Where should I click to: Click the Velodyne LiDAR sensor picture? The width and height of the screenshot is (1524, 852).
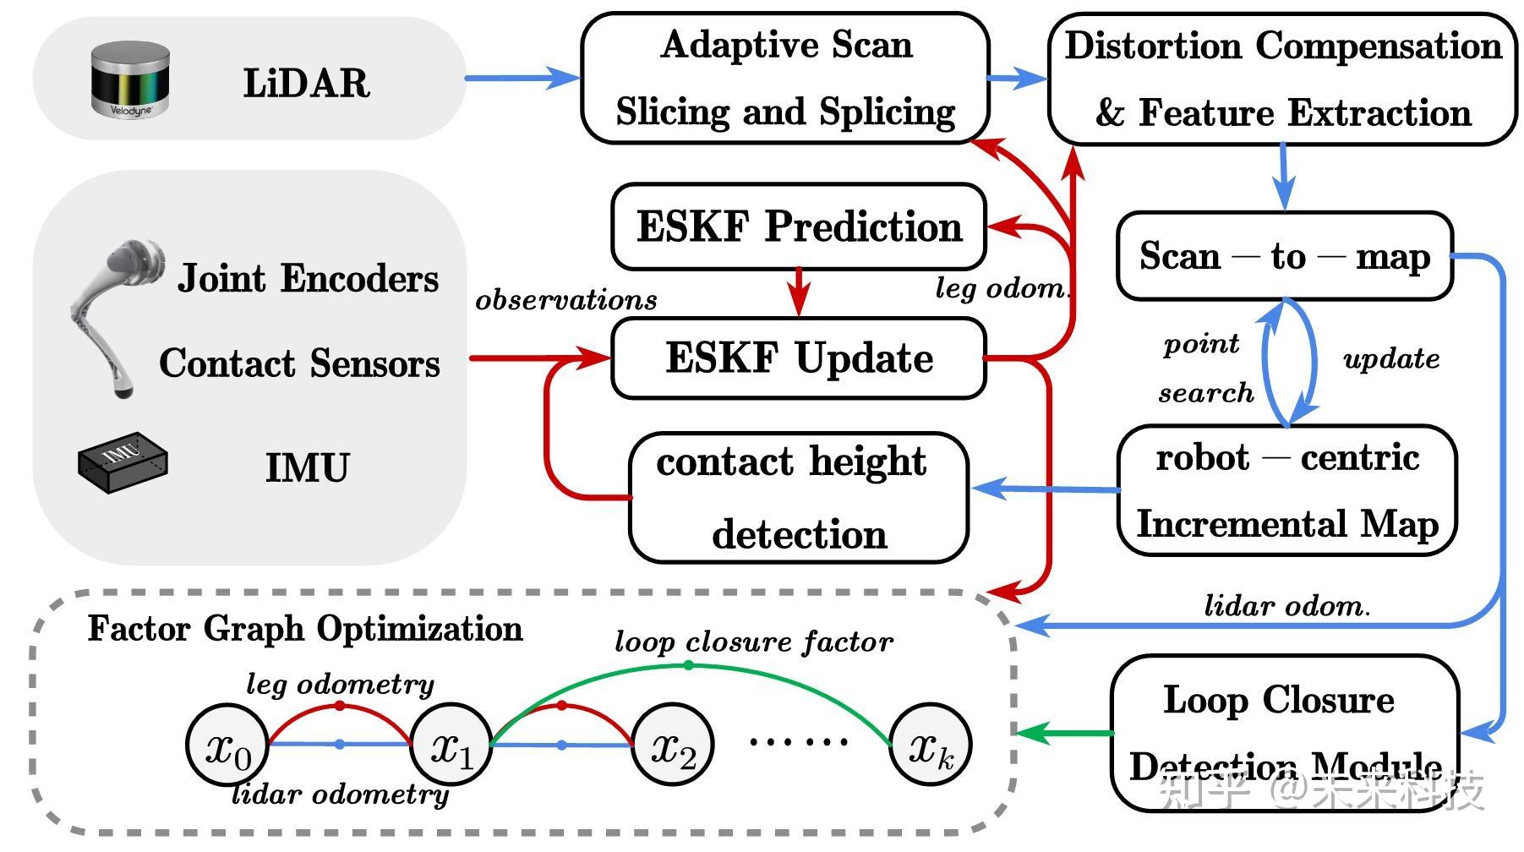point(131,80)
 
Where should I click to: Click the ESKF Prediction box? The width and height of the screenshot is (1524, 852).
point(799,227)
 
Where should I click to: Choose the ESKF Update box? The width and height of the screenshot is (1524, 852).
point(799,358)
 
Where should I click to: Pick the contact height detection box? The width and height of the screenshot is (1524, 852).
point(799,498)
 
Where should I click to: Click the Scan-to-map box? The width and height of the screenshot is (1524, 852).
point(1284,256)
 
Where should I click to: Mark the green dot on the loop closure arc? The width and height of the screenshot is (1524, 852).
point(689,666)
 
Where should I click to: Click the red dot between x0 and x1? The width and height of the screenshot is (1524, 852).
point(340,705)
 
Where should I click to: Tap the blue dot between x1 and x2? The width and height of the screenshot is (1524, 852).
point(562,745)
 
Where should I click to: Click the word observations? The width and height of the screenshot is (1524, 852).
point(566,300)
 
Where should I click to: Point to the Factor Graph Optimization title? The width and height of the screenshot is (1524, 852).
point(305,629)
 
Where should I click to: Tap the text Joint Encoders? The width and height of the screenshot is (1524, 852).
point(309,279)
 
